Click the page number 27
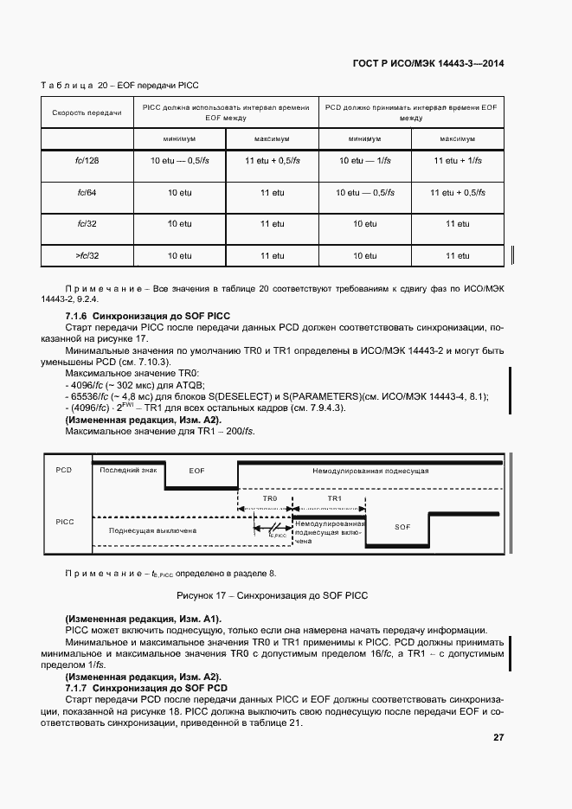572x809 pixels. click(x=498, y=738)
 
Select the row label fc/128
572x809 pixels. click(x=87, y=161)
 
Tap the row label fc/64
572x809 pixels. click(x=87, y=192)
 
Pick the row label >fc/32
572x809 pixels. click(x=87, y=256)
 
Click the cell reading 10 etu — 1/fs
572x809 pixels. click(x=364, y=161)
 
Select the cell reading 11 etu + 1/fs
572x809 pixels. click(x=457, y=161)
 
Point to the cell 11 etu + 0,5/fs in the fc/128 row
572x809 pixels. click(x=272, y=161)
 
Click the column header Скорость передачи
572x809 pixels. click(x=87, y=113)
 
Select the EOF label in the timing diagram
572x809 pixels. click(x=196, y=470)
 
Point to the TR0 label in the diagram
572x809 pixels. click(x=269, y=500)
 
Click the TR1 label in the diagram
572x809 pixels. click(x=335, y=500)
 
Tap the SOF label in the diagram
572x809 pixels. click(x=402, y=526)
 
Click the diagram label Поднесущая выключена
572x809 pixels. click(x=152, y=530)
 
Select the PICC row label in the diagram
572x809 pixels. click(x=64, y=522)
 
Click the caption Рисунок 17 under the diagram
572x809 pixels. click(x=273, y=595)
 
